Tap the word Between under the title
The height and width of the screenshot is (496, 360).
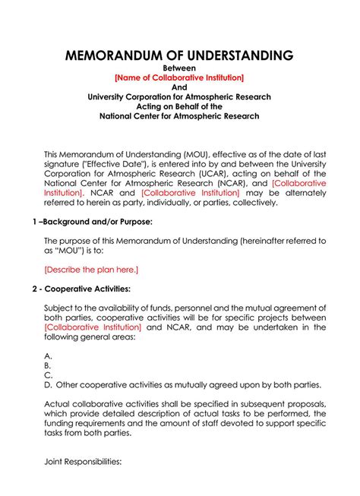click(x=179, y=69)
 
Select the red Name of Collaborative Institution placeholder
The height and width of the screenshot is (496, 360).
click(x=179, y=78)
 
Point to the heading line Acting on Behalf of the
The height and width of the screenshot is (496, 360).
click(x=179, y=107)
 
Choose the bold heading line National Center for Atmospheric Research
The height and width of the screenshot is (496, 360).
click(x=179, y=116)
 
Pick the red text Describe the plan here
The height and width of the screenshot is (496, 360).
click(x=91, y=269)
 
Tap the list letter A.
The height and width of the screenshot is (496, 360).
click(x=49, y=355)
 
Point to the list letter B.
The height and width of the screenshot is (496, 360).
click(x=49, y=365)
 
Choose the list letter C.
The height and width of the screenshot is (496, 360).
click(x=49, y=374)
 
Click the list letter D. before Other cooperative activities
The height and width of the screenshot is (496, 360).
click(x=49, y=384)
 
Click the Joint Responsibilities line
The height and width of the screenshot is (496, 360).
click(x=83, y=461)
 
